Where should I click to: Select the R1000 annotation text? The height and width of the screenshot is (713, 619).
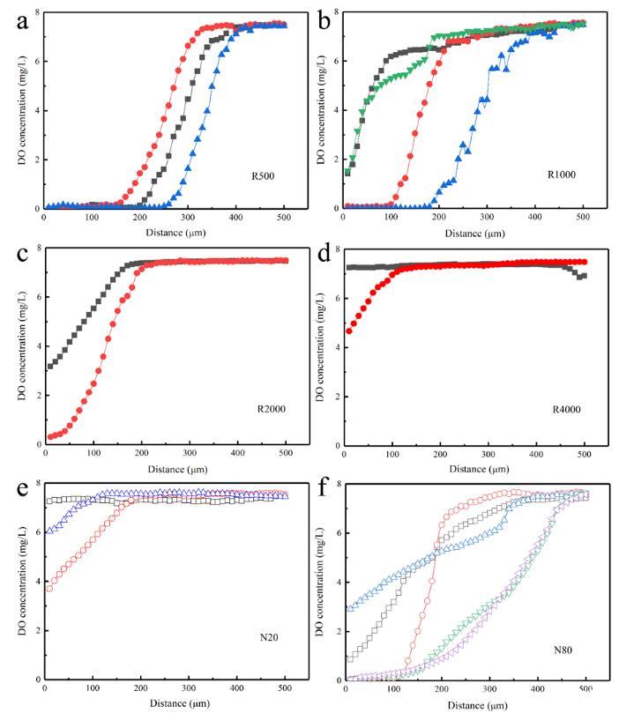click(563, 175)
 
